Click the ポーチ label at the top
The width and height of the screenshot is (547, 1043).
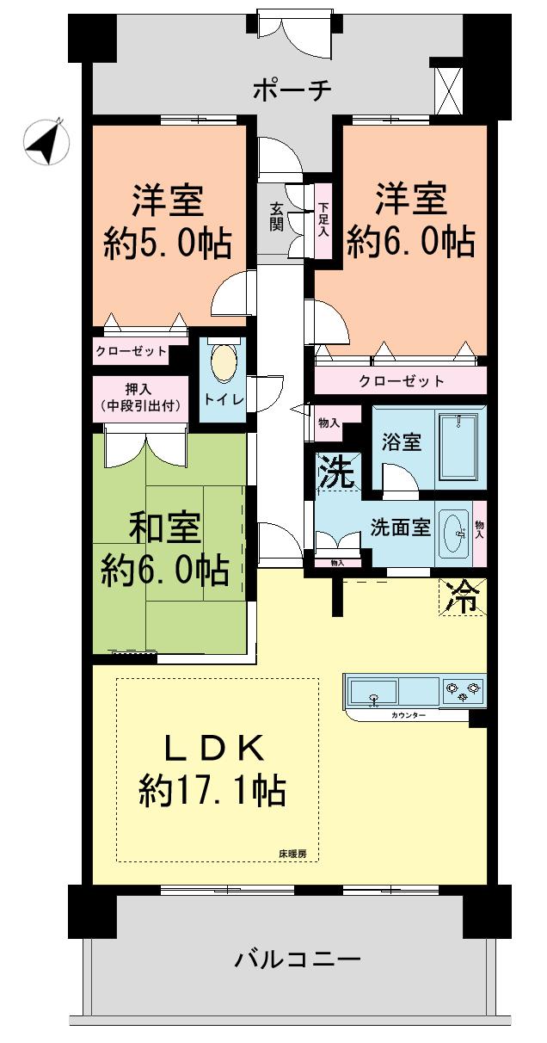[292, 89]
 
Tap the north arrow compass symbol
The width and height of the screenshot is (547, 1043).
[46, 142]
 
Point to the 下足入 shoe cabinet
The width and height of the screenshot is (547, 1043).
[323, 219]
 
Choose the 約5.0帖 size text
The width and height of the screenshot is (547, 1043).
[168, 245]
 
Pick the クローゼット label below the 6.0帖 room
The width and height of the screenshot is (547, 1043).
[402, 380]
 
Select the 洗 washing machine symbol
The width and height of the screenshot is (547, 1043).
[336, 472]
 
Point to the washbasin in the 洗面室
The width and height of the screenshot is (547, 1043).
[455, 535]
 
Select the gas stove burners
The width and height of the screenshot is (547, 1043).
[463, 691]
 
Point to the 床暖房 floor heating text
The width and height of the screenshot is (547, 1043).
[292, 855]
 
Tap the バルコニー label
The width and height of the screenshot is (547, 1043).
[298, 957]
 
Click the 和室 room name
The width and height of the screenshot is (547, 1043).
[166, 528]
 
